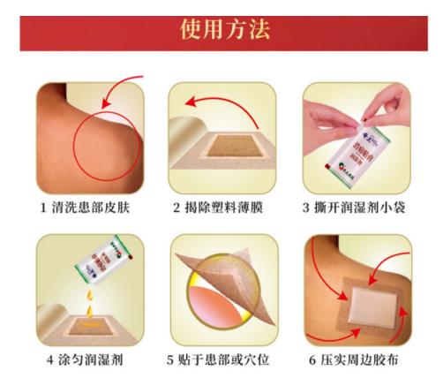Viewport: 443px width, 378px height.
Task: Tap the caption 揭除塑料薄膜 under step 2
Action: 227,209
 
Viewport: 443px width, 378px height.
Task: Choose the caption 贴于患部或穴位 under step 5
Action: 227,360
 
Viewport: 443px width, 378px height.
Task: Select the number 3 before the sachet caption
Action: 310,209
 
